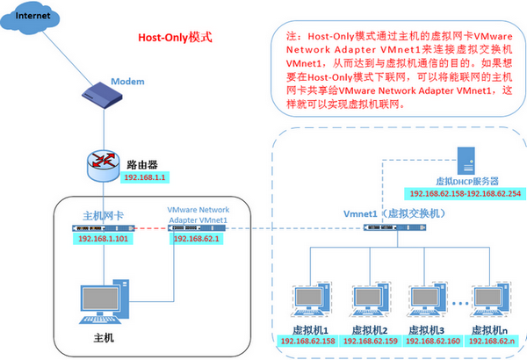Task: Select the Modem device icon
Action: pos(99,91)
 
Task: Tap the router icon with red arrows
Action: pos(105,162)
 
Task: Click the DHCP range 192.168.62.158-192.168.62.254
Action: pos(463,192)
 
